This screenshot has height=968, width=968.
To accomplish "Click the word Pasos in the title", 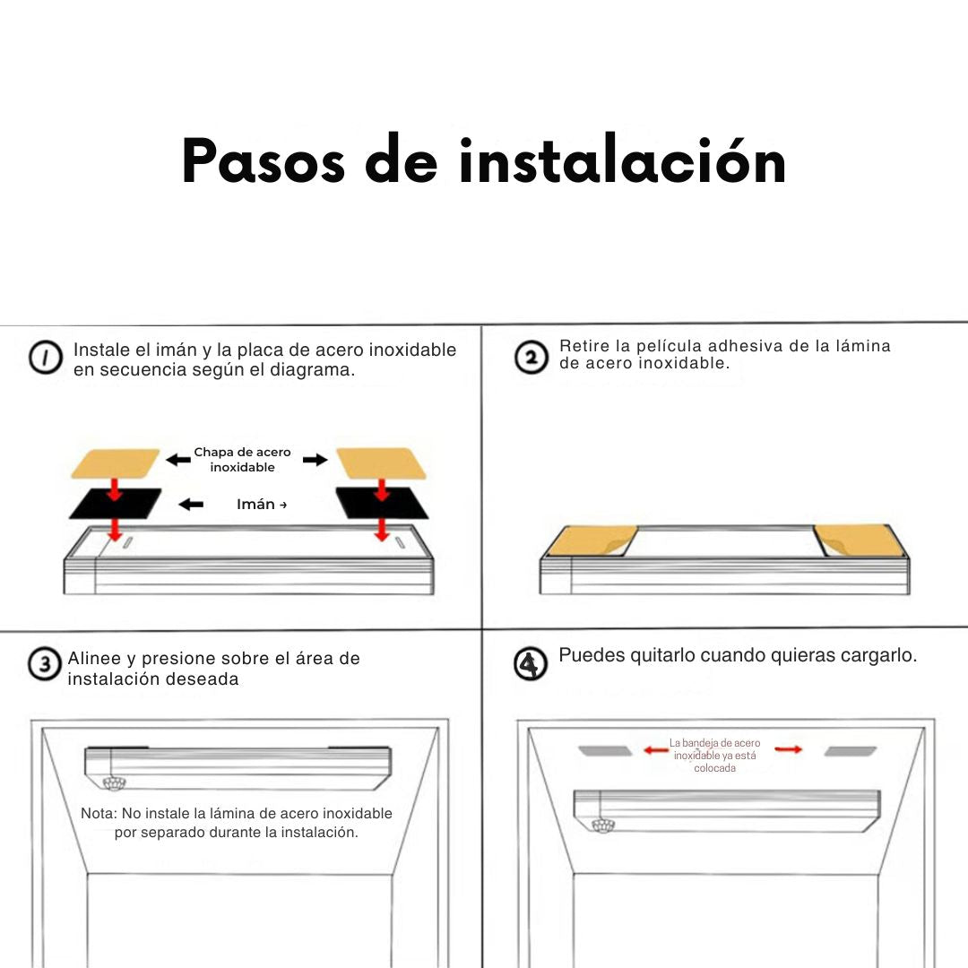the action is click(x=263, y=161).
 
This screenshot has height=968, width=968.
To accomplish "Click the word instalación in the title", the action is click(x=622, y=160).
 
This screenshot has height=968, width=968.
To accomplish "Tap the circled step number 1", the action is click(x=46, y=358).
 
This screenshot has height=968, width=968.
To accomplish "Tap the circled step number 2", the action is click(x=531, y=357).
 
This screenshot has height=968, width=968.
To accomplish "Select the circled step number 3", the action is click(x=45, y=664).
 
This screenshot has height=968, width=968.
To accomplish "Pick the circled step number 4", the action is click(x=531, y=663).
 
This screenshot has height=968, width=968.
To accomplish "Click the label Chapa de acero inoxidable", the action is click(x=243, y=460).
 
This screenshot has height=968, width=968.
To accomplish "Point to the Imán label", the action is click(x=255, y=505).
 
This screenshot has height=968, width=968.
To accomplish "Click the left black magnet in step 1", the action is click(x=116, y=504).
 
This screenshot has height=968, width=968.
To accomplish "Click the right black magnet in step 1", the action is click(x=382, y=503).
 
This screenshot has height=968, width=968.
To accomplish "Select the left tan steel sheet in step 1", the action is click(x=116, y=463).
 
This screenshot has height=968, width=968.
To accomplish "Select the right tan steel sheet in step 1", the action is click(x=381, y=463).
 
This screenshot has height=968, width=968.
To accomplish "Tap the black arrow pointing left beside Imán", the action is click(x=191, y=505).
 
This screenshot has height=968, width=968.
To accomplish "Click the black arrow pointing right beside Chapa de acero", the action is click(x=315, y=459).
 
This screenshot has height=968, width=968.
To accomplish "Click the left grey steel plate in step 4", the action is click(x=605, y=751).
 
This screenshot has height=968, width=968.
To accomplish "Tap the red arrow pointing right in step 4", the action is click(x=789, y=749).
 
